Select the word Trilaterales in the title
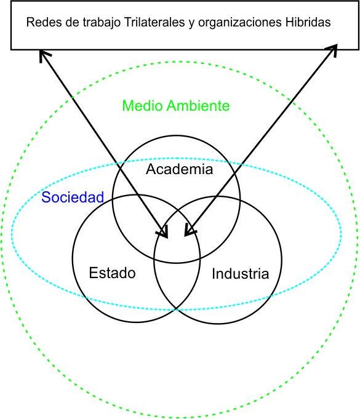[x=154, y=22]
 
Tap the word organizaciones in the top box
[x=240, y=23]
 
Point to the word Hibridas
[x=308, y=22]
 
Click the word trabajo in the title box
[x=102, y=23]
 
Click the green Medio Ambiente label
[x=176, y=106]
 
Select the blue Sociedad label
[x=73, y=198]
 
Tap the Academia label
[x=179, y=169]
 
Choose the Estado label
[x=112, y=273]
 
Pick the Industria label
[x=240, y=274]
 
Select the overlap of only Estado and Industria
[x=177, y=283]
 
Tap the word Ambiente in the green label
[x=198, y=106]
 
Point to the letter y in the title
[x=191, y=24]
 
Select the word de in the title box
[x=72, y=22]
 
